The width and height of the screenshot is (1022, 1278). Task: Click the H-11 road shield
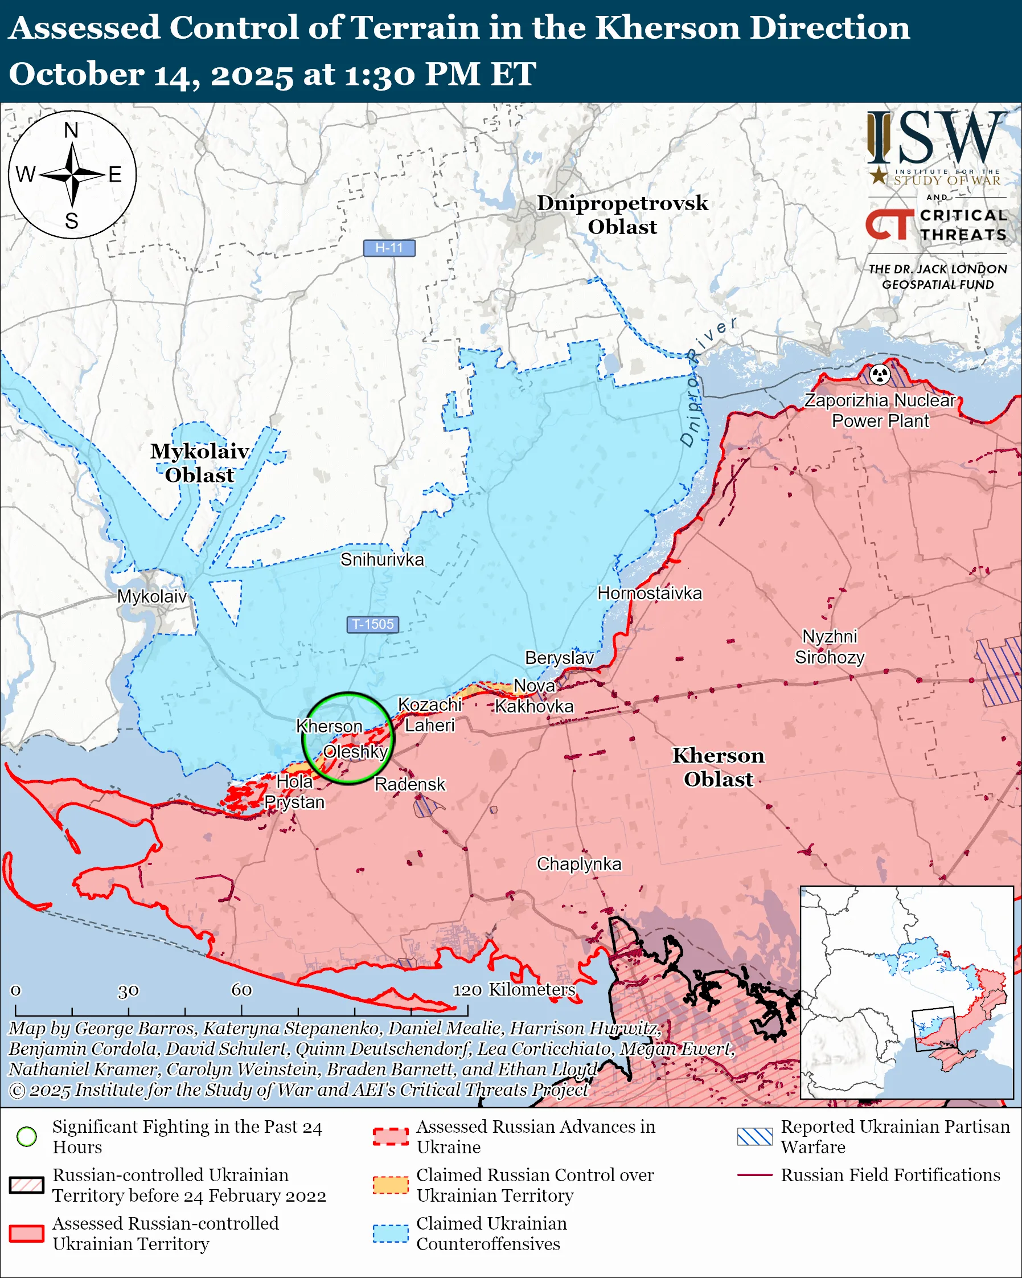[389, 248]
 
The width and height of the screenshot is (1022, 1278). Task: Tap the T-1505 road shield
[373, 624]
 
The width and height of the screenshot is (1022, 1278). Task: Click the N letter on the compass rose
[71, 130]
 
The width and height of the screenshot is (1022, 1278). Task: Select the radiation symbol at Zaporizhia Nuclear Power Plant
[880, 374]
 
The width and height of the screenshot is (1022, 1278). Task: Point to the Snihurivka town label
[382, 560]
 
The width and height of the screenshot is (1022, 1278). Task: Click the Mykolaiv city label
[151, 596]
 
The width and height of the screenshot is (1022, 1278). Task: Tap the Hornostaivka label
[649, 593]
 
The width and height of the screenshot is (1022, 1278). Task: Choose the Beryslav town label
[559, 658]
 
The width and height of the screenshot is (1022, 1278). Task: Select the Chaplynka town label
[579, 863]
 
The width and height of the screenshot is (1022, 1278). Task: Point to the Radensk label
[409, 784]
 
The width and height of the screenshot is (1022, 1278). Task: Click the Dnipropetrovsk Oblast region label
[622, 215]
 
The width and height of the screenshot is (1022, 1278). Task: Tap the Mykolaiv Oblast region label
[199, 463]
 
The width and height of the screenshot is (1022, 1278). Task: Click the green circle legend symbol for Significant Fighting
[27, 1136]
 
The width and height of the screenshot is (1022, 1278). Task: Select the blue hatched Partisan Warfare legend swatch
[755, 1136]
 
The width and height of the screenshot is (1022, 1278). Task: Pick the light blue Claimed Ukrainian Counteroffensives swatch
[391, 1234]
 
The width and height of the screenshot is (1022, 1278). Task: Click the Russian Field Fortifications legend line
[755, 1175]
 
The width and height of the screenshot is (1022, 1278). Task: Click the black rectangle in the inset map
[934, 1029]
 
